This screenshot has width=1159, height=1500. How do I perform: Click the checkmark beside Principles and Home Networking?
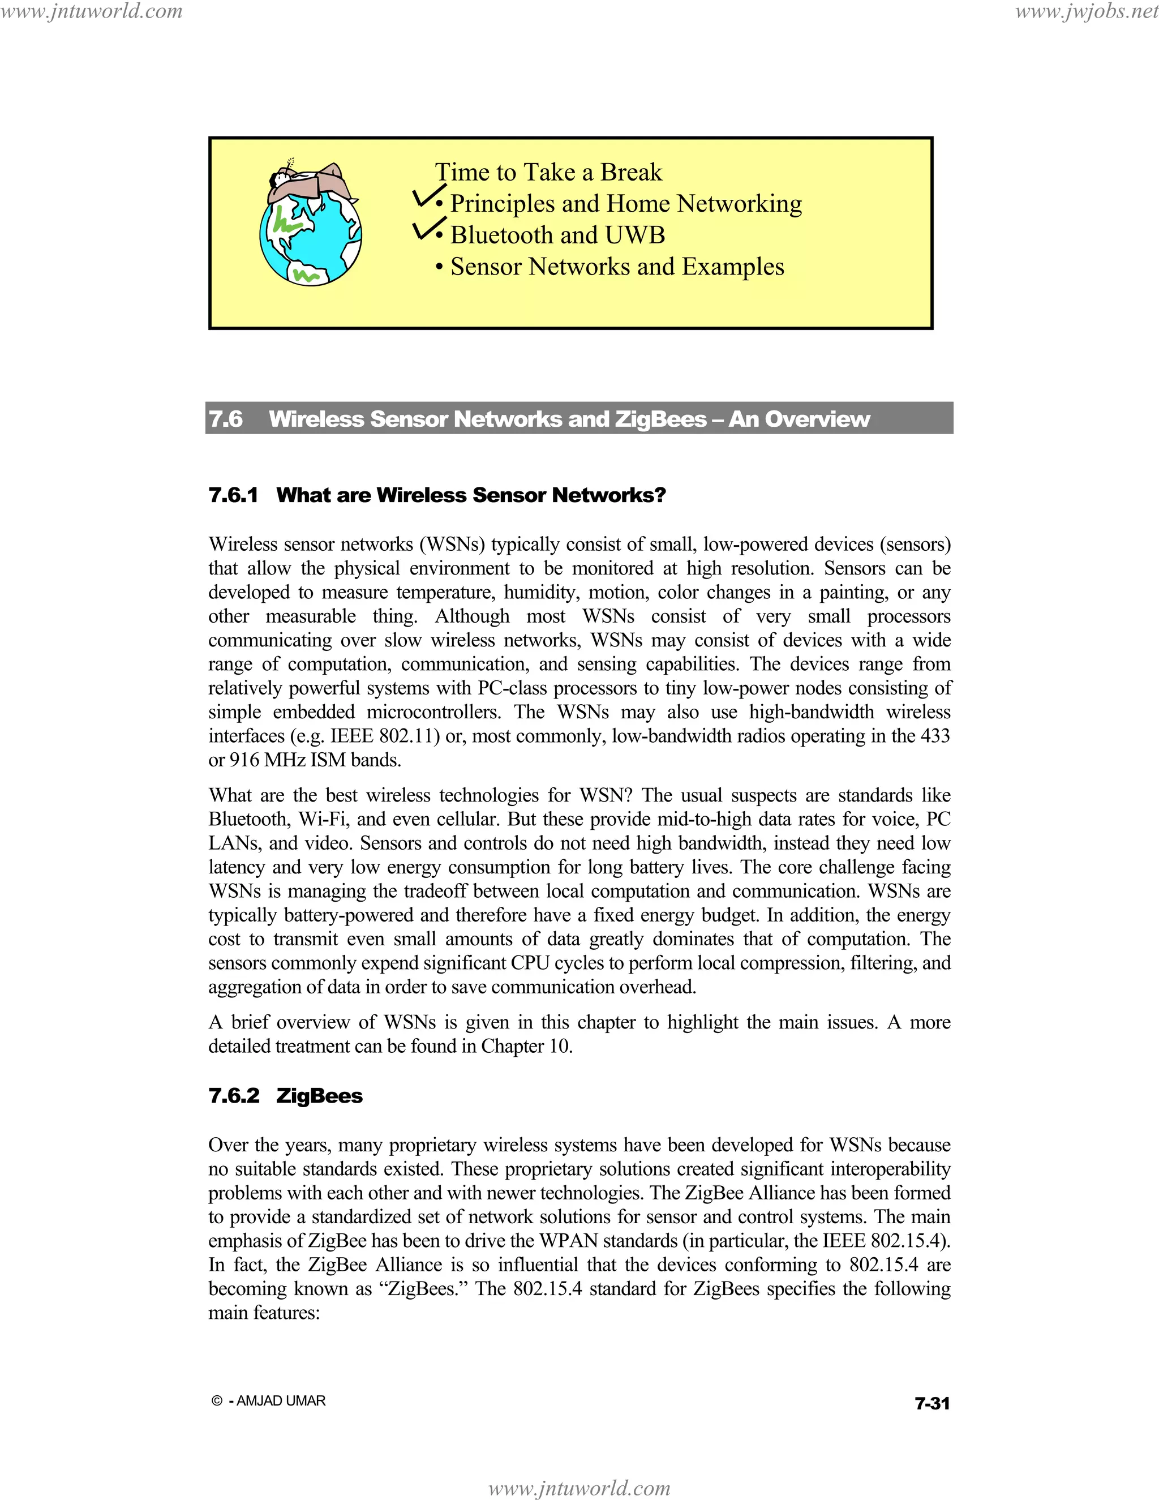427,196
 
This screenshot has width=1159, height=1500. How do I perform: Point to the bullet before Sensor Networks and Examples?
439,268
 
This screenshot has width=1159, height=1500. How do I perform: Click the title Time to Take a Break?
548,172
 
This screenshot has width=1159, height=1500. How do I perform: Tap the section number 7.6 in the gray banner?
225,419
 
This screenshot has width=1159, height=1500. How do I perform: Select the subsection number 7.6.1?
233,495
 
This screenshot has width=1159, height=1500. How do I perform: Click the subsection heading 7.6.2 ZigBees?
285,1095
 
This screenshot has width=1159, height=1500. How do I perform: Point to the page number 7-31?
932,1404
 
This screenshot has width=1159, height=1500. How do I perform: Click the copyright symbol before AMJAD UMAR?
217,1401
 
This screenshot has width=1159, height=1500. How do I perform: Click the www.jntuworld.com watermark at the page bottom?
579,1488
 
